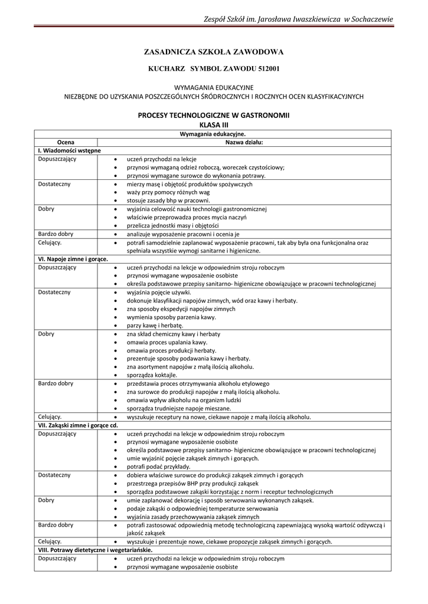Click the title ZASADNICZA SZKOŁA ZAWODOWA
214,52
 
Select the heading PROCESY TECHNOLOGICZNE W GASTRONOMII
214,116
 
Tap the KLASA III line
214,125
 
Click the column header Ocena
66,142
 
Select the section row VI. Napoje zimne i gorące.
73,259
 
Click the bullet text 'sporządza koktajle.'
152,375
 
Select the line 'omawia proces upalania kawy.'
167,342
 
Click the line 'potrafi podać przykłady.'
159,466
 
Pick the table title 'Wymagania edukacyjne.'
214,134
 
